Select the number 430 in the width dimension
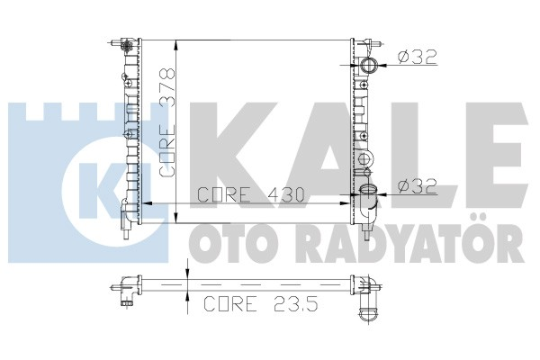(286, 195)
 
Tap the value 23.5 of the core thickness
(295, 303)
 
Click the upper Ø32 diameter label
(417, 57)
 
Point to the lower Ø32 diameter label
(417, 186)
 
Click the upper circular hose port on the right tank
(369, 65)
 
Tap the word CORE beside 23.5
(230, 303)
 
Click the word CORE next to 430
(224, 195)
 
